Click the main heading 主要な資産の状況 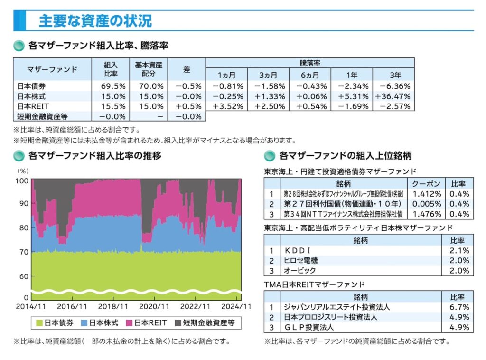point(95,21)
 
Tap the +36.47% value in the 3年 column point(393,96)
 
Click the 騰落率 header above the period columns point(309,63)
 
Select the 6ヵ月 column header point(310,75)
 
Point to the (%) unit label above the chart point(23,170)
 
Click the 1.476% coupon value point(426,214)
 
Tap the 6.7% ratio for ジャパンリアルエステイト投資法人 point(458,307)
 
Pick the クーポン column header point(426,184)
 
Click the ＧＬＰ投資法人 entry point(308,327)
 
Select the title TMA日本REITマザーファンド point(314,284)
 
